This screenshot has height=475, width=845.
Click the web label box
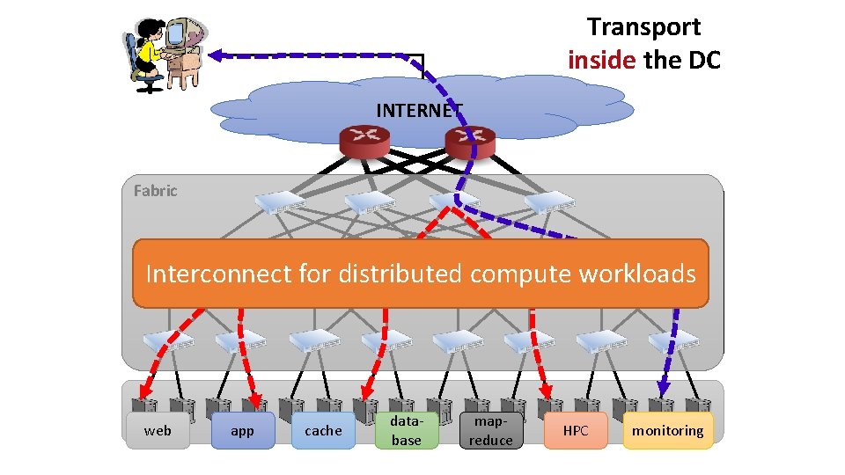[x=158, y=431]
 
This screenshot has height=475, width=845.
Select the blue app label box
[x=242, y=431]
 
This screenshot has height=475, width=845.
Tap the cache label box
[x=323, y=431]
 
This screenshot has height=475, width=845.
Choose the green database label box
[x=407, y=431]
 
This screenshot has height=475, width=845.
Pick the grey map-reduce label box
[x=490, y=431]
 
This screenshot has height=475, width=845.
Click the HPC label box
[x=576, y=431]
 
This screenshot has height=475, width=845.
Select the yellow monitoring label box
[x=667, y=431]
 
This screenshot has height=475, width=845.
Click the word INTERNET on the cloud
[x=418, y=111]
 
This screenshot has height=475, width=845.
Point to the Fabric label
[x=155, y=191]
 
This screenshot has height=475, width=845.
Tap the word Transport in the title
[x=644, y=27]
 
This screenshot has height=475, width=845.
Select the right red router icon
[x=469, y=139]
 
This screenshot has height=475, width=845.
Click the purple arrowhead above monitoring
[x=664, y=384]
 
